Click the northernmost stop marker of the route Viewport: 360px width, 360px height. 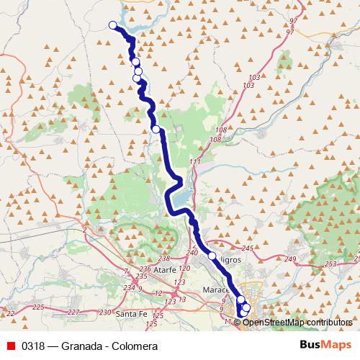[x=113, y=26]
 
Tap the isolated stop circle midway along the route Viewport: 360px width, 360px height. [x=156, y=130]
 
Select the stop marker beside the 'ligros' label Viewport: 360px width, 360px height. [x=212, y=256]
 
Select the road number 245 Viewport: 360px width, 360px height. [x=248, y=248]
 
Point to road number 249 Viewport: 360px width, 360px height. [x=290, y=258]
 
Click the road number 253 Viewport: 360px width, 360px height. [x=330, y=265]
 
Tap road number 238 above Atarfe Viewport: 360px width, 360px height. [x=164, y=258]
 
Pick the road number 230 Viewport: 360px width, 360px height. [x=105, y=312]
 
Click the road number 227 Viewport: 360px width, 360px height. [x=73, y=312]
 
